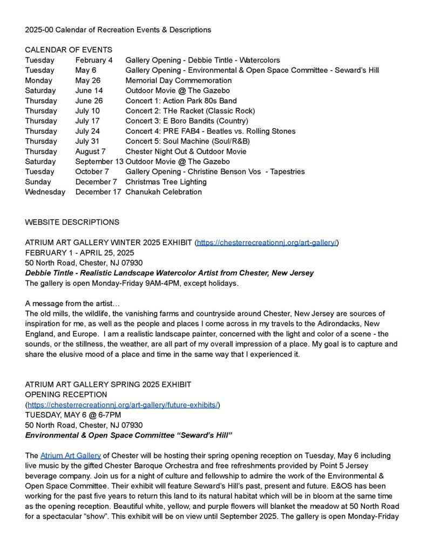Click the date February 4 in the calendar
pos(94,60)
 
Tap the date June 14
pos(89,91)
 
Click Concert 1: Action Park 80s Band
pos(181,101)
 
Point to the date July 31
pos(87,141)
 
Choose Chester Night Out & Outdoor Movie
pos(186,151)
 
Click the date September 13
pos(99,162)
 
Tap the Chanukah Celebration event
pos(164,192)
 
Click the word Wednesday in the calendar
pos(45,192)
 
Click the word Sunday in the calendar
pos(38,182)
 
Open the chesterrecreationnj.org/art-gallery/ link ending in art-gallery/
pos(267,243)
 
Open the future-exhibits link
pos(123,405)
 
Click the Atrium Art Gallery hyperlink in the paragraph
pos(70,456)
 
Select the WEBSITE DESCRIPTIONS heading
pos(72,222)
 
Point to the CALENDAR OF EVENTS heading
pos(69,50)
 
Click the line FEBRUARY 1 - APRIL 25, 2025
pos(79,253)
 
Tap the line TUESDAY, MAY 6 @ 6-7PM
pos(73,415)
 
